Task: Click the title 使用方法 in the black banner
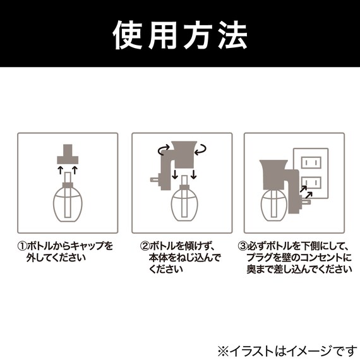coord(179,36)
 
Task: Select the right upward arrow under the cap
coord(75,171)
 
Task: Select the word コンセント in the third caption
coord(319,258)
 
